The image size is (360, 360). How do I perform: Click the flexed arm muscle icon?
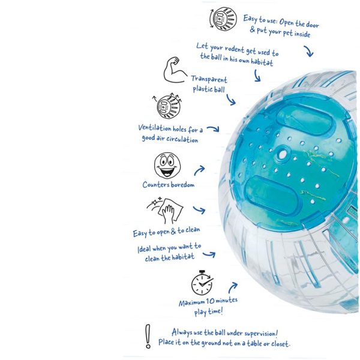175,70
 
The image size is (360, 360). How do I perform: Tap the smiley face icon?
167,165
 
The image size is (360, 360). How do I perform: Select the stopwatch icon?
202,283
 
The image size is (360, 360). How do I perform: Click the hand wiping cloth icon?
166,210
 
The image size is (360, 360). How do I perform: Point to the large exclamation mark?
148,336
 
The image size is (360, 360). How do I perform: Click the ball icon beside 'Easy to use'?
223,19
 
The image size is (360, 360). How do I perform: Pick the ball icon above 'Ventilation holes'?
167,106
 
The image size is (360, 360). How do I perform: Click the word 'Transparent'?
209,79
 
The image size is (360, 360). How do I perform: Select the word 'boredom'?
183,185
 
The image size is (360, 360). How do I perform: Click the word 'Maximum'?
192,303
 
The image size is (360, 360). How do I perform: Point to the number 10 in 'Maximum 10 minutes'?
210,301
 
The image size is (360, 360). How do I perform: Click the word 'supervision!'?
261,334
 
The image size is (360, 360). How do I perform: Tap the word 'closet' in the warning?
280,344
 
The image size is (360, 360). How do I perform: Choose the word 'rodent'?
235,49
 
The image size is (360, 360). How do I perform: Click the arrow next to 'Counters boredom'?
199,170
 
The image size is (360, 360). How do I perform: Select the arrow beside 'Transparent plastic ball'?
231,100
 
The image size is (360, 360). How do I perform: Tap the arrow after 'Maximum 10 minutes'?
233,287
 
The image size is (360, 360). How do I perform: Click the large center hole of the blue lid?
283,154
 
